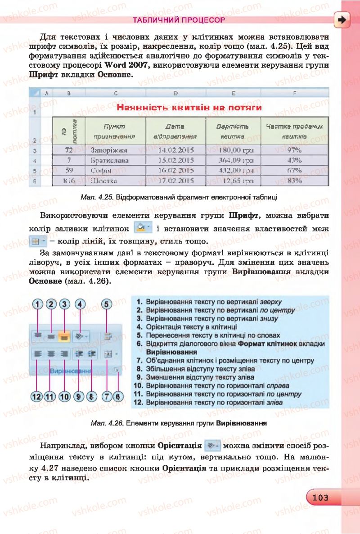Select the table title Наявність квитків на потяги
click(189, 108)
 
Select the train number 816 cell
click(69, 181)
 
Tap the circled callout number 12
click(37, 397)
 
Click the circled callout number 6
click(118, 397)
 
